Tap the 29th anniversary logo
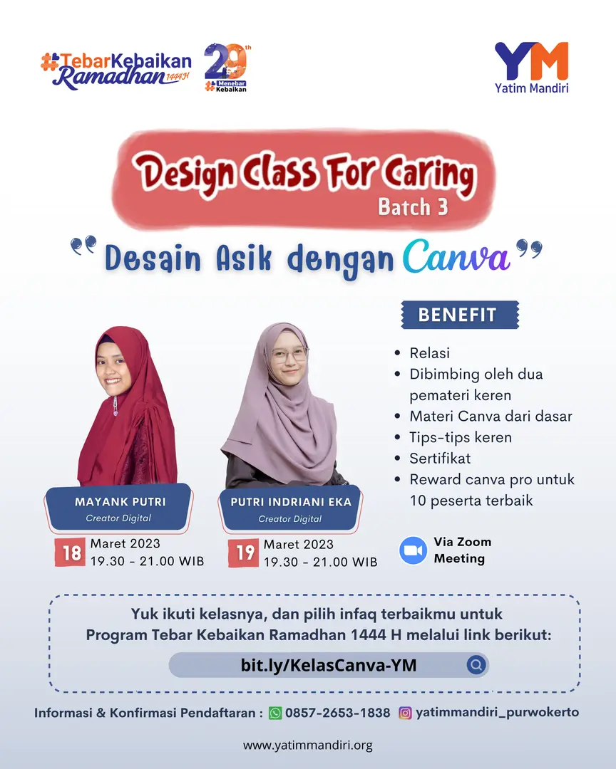coord(227,68)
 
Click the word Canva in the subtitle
coord(457,258)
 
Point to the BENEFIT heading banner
coord(458,315)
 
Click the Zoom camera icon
coord(413,550)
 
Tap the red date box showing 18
coord(72,553)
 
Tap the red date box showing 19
coord(245,553)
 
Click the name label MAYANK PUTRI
coord(120,502)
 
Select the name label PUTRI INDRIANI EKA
coord(291,502)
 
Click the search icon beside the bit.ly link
coord(476,665)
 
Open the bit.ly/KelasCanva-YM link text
coord(329,665)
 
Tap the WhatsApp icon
coord(275,713)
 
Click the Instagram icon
coord(405,713)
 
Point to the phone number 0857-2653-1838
coord(338,713)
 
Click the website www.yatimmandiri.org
coord(308,746)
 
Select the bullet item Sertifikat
coord(440,458)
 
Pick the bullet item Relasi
coord(429,352)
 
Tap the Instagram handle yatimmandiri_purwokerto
coord(497,713)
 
